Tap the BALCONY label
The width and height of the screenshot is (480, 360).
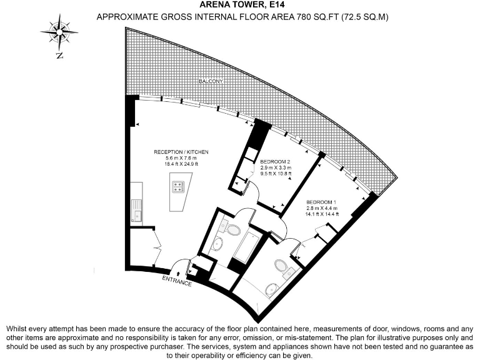pos(211,82)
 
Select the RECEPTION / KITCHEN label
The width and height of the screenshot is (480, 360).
pos(181,152)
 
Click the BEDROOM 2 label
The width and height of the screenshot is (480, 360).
pos(276,161)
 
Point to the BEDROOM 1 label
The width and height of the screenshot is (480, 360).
pos(322,202)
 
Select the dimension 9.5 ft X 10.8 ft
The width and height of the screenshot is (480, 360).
pos(276,174)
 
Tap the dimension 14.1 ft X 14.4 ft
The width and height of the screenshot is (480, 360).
pos(322,214)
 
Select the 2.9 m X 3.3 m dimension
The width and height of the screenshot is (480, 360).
pos(276,168)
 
